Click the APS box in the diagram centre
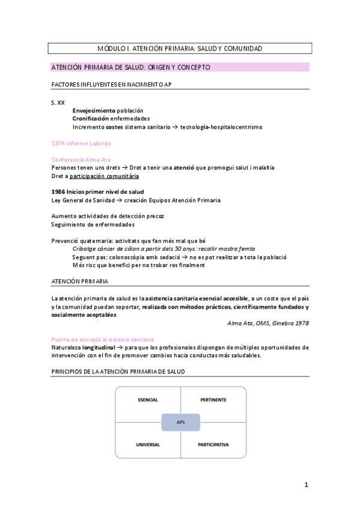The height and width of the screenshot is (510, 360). pos(180,422)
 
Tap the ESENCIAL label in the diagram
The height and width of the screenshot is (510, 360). pos(148,400)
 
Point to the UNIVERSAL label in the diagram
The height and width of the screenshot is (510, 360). pos(148,445)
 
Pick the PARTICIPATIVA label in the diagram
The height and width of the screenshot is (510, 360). pos(213,445)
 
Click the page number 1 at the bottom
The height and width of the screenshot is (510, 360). pos(306,485)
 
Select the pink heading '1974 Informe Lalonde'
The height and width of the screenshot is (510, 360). pos(81,143)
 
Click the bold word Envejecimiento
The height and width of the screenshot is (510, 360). pos(94,111)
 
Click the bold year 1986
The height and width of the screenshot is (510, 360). pos(59,192)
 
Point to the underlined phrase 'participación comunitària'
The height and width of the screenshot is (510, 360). pos(104,176)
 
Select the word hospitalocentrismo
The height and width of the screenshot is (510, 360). pos(236,127)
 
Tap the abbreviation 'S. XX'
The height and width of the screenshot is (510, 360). pos(58,103)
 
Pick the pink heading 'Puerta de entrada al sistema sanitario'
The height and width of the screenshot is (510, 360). pos(103,339)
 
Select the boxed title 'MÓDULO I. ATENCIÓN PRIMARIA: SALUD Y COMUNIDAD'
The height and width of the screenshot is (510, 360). pos(180,48)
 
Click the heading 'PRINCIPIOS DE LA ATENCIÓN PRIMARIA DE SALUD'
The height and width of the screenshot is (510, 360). pos(118,372)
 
